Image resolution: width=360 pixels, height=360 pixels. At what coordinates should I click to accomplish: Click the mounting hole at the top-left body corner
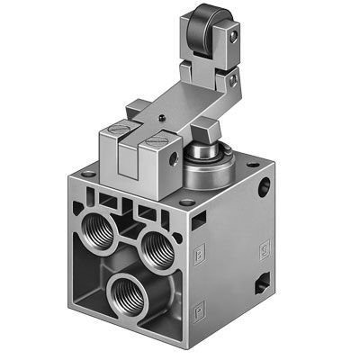pos(87,174)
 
